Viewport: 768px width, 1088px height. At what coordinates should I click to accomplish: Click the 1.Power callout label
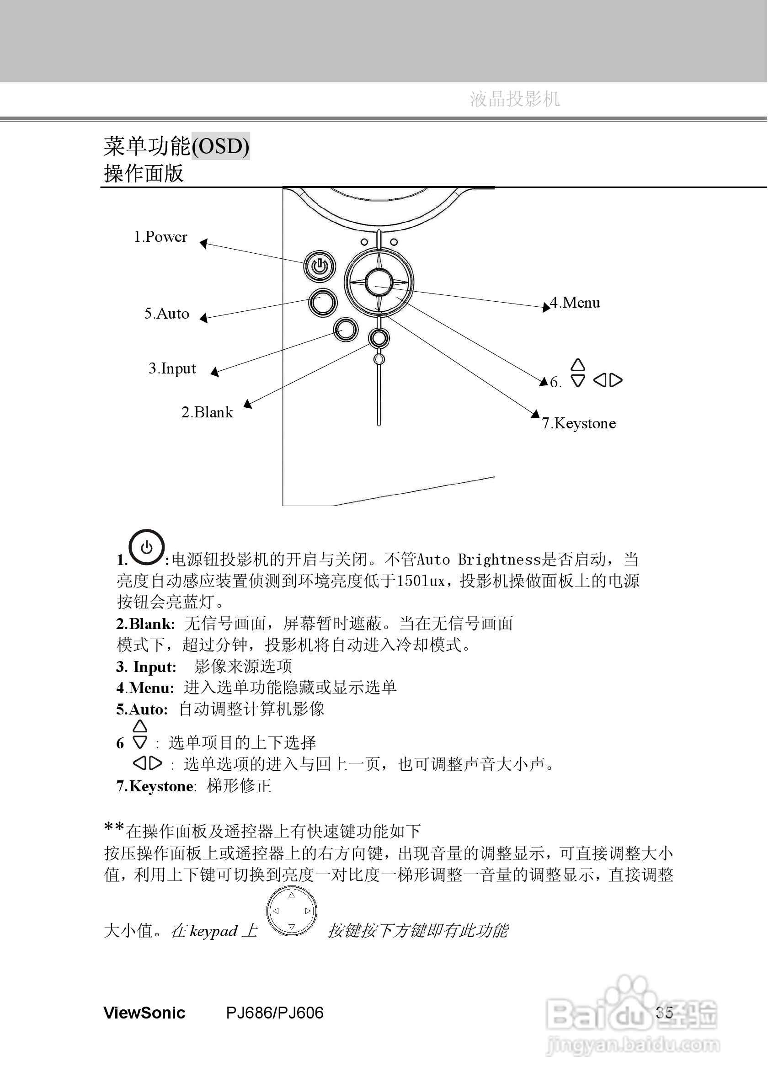coord(160,237)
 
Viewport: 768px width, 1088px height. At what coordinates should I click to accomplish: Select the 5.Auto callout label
coord(166,314)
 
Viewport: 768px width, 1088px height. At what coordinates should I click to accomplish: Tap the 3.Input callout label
coord(172,368)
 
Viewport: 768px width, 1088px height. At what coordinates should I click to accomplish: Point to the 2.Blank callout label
coord(207,412)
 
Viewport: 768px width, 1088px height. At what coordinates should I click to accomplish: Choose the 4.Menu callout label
coord(575,303)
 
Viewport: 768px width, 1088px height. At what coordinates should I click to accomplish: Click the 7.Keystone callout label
coord(578,423)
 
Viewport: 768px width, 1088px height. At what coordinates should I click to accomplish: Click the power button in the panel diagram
coord(320,267)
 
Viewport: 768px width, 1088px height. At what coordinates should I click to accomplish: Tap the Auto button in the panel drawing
coord(323,302)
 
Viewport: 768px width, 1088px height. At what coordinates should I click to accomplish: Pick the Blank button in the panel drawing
coord(379,338)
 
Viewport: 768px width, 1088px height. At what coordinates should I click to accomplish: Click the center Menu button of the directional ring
coord(379,283)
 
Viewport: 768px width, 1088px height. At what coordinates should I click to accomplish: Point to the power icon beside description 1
coord(147,547)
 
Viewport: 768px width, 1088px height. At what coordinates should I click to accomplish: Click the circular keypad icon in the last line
coord(291,911)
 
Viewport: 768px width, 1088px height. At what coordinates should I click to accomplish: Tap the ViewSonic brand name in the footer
coord(144,1013)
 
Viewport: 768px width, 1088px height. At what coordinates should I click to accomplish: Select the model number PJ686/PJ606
coord(274,1013)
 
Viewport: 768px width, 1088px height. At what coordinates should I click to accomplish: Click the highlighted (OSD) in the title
coord(220,146)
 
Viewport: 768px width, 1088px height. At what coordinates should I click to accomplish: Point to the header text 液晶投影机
coord(515,100)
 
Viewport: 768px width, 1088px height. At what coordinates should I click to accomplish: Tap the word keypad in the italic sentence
coord(213,932)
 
